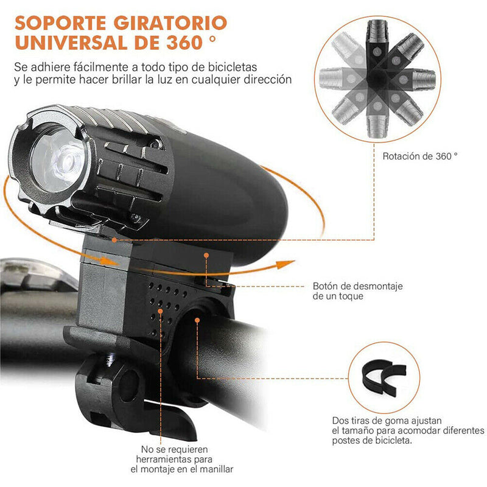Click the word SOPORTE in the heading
coord(60,23)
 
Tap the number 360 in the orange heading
coord(184,43)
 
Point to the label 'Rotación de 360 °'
coord(420,156)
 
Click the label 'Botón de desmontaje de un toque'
coord(357,291)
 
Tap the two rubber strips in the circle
coord(384,377)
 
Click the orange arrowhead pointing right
coord(286,264)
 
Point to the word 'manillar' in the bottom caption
coord(217,469)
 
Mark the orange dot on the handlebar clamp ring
coord(197,320)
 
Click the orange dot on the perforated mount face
coord(160,311)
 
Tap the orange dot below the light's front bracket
coord(114,240)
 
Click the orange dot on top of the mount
coord(206,255)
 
